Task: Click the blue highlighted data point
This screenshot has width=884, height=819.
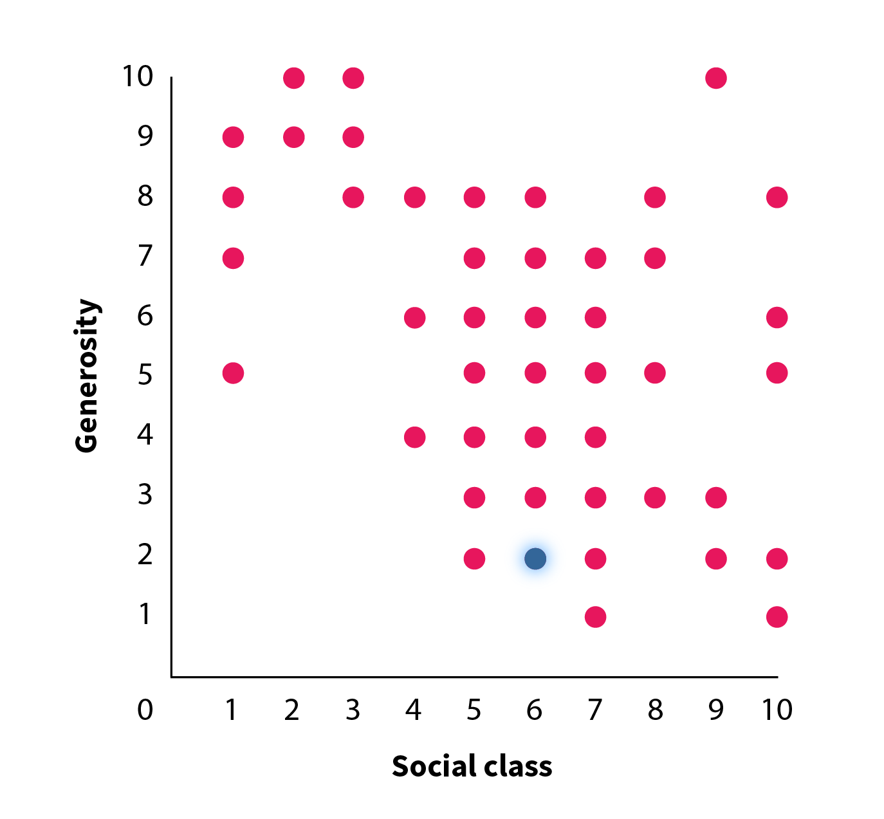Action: (535, 558)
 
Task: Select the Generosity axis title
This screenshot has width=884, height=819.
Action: (87, 376)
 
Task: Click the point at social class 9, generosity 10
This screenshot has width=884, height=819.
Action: (716, 78)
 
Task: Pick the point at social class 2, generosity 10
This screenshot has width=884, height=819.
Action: (293, 78)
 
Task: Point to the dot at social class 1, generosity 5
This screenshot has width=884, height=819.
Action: (233, 373)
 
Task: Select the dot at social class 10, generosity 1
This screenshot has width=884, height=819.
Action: (777, 616)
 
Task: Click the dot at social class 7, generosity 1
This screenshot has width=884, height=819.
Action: (596, 616)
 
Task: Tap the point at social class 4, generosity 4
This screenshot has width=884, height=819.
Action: (415, 437)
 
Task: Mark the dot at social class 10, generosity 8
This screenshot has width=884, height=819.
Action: (777, 197)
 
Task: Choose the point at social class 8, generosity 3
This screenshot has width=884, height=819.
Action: (655, 497)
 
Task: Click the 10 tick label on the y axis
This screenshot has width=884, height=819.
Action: (138, 77)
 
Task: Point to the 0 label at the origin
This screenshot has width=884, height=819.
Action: (145, 710)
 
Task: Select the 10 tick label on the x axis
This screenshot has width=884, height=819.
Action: (777, 710)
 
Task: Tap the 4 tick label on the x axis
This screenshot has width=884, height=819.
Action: (414, 710)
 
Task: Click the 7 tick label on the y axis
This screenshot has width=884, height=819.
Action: (145, 257)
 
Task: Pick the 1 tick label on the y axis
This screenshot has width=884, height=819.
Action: (145, 614)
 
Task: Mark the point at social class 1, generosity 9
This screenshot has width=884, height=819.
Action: (233, 137)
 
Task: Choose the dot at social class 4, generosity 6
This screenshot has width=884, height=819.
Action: (415, 317)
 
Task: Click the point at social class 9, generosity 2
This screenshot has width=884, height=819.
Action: (716, 558)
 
